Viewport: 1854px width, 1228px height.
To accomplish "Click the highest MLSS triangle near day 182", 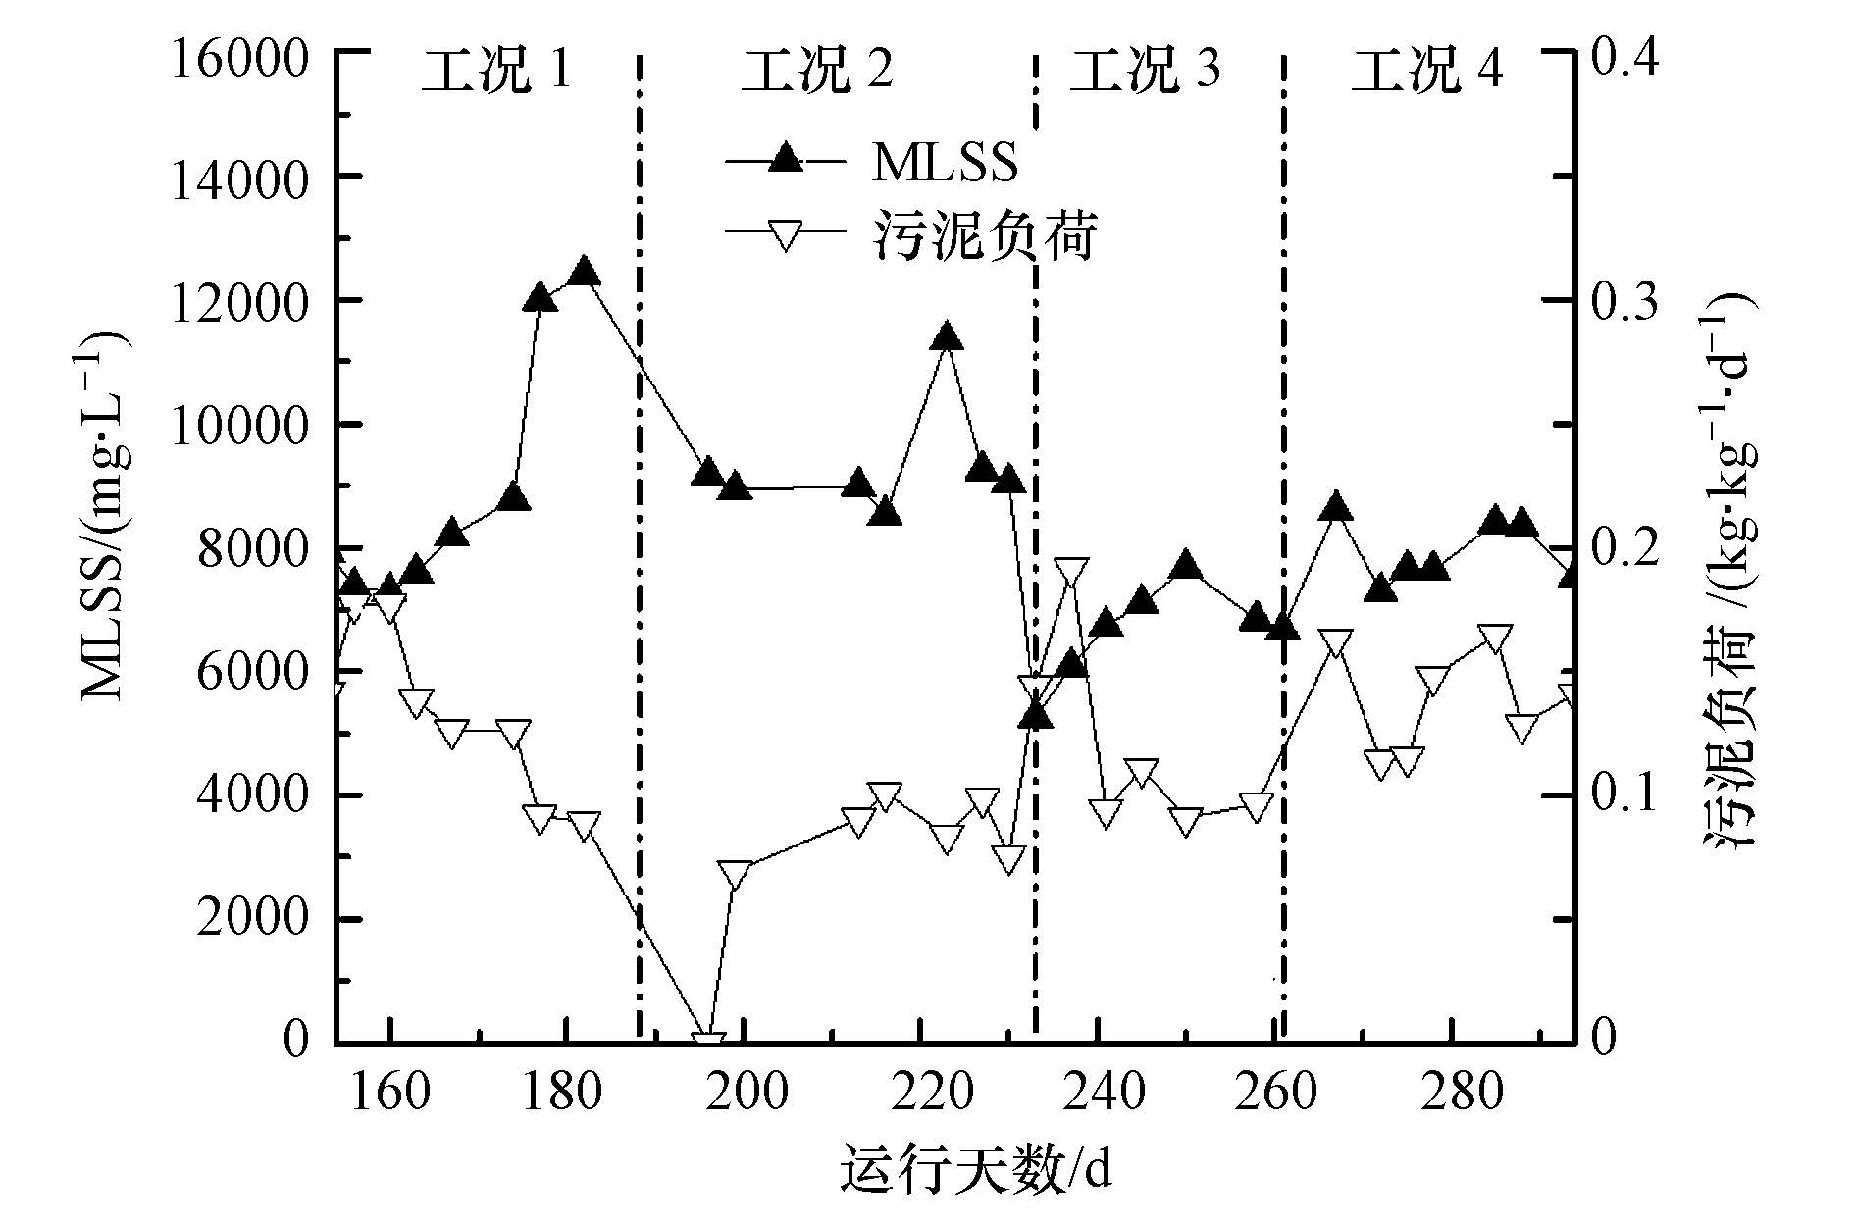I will tap(585, 272).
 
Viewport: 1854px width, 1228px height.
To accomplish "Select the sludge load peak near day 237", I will tap(1071, 571).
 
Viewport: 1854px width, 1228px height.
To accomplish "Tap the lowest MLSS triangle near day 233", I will tap(1036, 716).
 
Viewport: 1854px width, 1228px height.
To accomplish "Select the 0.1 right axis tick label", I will tap(1624, 795).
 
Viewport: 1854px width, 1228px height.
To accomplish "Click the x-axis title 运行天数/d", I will tap(975, 1170).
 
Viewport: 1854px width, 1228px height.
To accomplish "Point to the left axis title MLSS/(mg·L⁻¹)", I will tap(105, 515).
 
